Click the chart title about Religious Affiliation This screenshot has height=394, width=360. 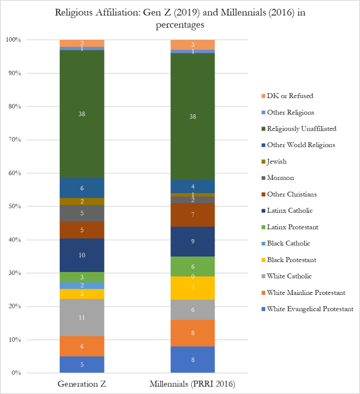click(180, 18)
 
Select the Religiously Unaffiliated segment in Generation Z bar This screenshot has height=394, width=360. click(82, 114)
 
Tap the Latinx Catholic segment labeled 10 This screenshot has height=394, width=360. click(82, 255)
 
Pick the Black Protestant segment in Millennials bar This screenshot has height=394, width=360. click(193, 288)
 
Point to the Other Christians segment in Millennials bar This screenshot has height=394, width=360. click(193, 215)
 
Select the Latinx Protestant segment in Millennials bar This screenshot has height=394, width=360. click(193, 266)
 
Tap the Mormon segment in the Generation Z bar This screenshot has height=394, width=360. click(82, 213)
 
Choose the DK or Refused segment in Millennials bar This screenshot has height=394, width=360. click(193, 44)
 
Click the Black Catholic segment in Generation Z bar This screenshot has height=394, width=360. click(82, 285)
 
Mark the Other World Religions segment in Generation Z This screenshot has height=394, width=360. click(82, 188)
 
